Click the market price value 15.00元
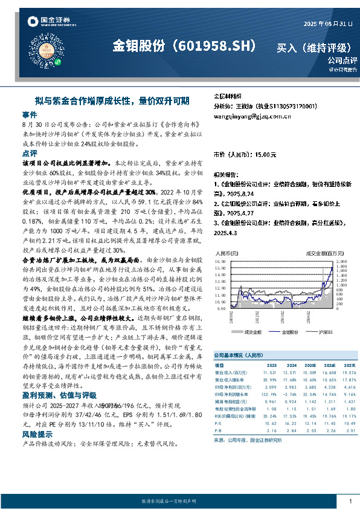click(265, 155)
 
